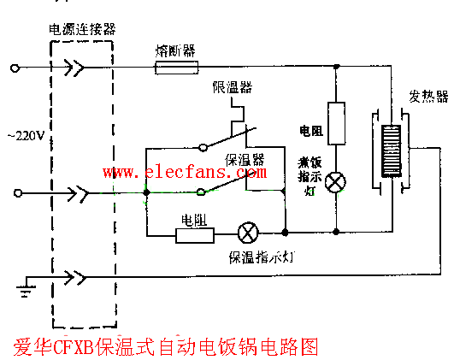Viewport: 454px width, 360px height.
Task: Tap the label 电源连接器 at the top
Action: (82, 29)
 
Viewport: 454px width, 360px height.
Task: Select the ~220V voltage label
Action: (26, 135)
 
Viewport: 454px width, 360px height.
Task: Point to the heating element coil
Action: (390, 153)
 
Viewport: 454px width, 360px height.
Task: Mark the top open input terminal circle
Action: (14, 67)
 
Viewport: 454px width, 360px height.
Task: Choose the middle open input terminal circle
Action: (14, 193)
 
